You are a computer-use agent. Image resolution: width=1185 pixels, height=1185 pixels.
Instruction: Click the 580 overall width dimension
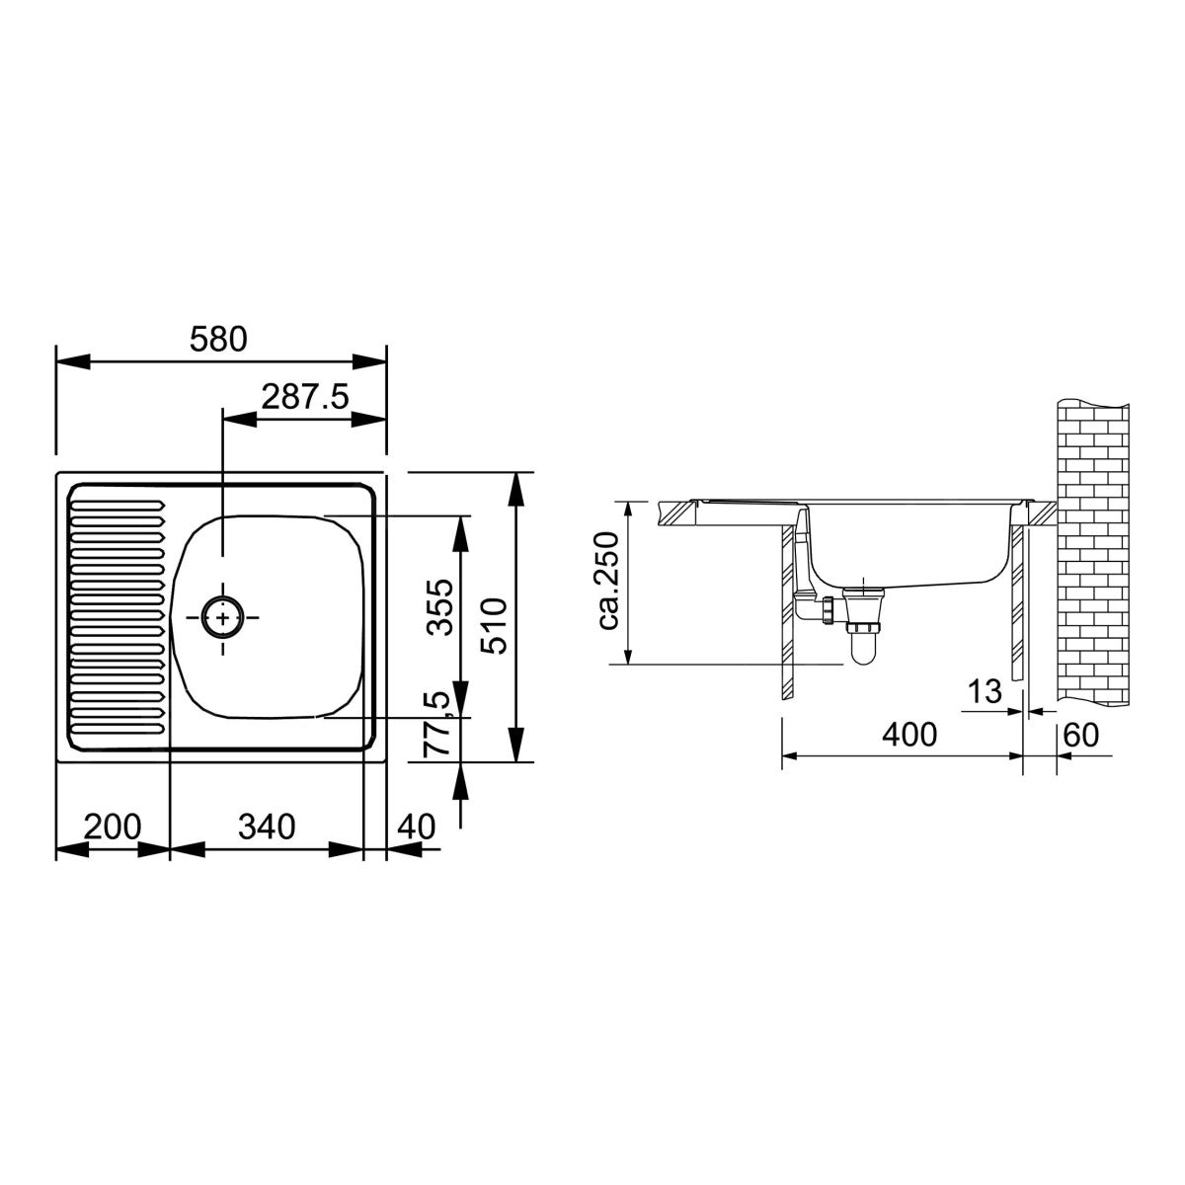click(218, 339)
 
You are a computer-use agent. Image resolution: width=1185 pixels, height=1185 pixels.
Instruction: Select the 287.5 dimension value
click(305, 397)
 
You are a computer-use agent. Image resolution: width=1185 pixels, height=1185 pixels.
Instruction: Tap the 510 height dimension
click(495, 625)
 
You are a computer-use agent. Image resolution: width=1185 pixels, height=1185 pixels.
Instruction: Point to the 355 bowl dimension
click(440, 606)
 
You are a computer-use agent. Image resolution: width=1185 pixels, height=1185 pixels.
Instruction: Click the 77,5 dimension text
click(440, 724)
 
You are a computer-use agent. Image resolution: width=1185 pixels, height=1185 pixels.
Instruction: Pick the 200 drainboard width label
click(113, 827)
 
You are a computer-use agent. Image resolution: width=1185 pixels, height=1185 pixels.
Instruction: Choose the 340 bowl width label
click(267, 827)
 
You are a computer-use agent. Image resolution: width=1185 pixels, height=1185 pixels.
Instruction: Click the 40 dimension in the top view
click(417, 827)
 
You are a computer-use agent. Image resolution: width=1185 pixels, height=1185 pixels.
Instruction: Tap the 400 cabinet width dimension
click(909, 735)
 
